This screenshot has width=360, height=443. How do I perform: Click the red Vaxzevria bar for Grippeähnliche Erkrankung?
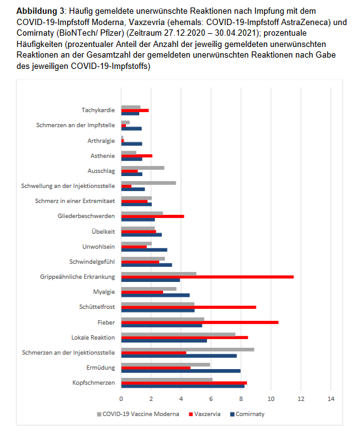[x=208, y=277]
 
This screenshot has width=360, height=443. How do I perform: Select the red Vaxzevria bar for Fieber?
[x=200, y=322]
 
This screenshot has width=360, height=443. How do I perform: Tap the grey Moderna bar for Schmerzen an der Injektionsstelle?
[x=188, y=350]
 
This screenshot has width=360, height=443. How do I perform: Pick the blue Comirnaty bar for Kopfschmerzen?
[x=183, y=386]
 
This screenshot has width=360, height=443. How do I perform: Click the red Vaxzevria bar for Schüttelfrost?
[x=189, y=307]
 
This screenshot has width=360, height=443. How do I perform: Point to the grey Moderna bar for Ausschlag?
[x=143, y=168]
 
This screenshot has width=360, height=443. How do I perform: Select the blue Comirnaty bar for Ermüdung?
[x=181, y=371]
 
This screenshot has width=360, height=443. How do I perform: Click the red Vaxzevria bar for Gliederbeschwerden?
[x=152, y=216]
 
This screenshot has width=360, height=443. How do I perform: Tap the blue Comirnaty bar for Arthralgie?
[x=132, y=144]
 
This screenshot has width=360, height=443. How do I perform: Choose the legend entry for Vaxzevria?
[x=204, y=414]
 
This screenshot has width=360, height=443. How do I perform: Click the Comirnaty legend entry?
[x=248, y=414]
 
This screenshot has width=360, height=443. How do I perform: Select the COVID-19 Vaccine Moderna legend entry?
[x=138, y=414]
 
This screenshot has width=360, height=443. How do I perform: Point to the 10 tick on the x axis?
[x=271, y=399]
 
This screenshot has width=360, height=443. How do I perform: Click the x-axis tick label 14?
[x=331, y=399]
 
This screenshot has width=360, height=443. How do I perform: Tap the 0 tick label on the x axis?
[x=121, y=399]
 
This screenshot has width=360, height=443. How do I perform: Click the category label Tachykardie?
[x=98, y=110]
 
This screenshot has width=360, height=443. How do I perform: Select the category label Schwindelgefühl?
[x=92, y=262]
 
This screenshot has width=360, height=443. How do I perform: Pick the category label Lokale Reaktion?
[x=93, y=338]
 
